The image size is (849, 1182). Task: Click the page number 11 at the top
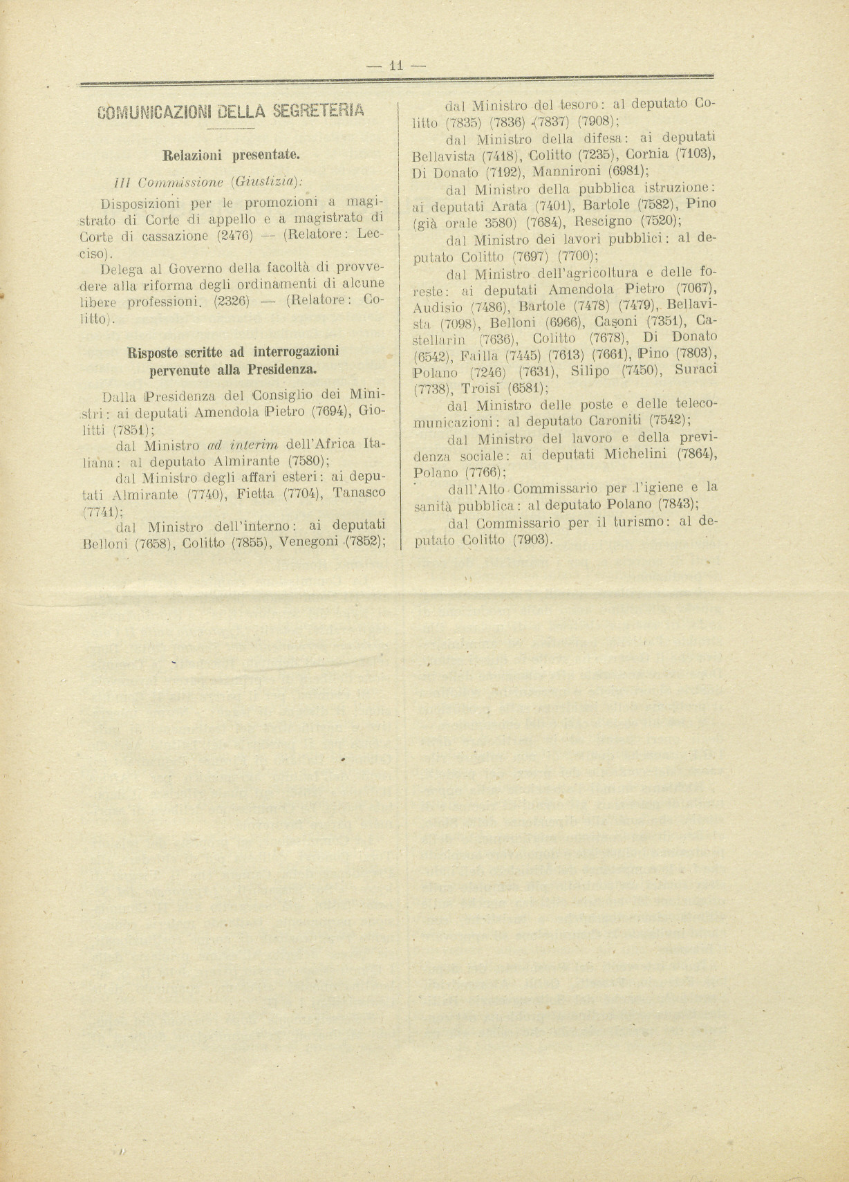point(397,66)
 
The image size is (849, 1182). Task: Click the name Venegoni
point(306,542)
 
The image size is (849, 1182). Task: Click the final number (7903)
point(532,539)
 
